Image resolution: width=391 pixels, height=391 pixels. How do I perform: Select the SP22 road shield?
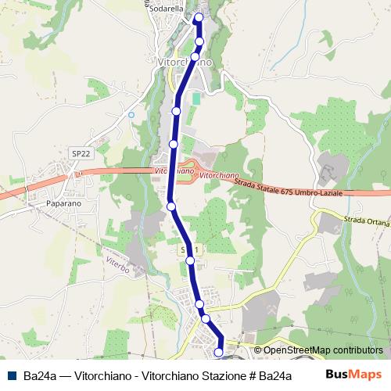[x=79, y=154]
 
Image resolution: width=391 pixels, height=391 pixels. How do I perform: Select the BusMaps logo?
[x=353, y=375]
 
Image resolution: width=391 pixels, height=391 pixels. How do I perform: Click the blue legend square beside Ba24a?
[x=12, y=375]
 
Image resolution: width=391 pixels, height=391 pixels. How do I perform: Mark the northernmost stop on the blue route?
[x=199, y=17]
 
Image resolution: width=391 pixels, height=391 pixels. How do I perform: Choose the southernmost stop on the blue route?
[x=218, y=353]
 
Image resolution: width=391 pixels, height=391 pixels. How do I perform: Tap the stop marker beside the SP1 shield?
[x=190, y=261]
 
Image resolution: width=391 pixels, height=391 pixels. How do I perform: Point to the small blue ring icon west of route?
[x=131, y=115]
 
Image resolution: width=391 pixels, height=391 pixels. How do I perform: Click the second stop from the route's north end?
[x=199, y=41]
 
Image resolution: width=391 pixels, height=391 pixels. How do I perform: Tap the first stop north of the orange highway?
[x=173, y=144]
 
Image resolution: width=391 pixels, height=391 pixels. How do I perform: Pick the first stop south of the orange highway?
[x=171, y=206]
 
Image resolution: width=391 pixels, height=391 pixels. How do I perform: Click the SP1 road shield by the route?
[x=185, y=249]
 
